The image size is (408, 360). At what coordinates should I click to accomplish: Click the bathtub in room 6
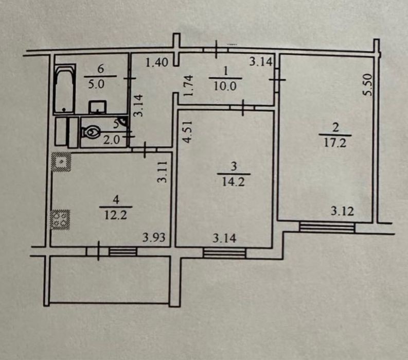pos(64,89)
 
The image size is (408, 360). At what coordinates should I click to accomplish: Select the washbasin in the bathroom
pos(98,107)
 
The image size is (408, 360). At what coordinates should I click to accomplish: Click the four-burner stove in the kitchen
pos(60,219)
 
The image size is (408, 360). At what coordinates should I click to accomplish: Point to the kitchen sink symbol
pos(61,162)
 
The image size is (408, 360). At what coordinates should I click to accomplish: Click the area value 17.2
pos(335,143)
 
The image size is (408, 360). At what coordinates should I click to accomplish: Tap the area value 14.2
pos(234,182)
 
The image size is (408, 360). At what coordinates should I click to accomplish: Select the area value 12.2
pos(116,215)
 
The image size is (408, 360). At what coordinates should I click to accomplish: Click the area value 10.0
pos(225,86)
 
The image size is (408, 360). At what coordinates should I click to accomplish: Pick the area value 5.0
pos(96,84)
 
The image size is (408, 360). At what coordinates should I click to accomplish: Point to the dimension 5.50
pos(368,84)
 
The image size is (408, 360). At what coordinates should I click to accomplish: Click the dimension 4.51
pos(187,131)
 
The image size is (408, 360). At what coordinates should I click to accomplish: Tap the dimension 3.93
pos(154,237)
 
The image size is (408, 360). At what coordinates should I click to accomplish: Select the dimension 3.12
pos(343,211)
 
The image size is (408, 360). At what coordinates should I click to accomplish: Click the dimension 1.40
pos(156,63)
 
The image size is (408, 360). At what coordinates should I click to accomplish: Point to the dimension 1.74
pos(188,85)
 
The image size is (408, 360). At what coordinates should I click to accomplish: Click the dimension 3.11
pos(163,172)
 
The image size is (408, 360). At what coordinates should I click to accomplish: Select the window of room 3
pos(224,253)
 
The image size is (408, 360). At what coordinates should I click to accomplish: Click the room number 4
pos(116,200)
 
